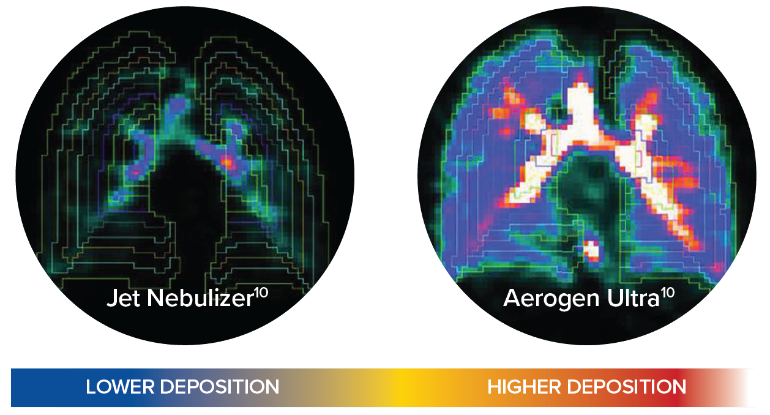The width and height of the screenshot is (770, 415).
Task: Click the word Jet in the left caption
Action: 124,297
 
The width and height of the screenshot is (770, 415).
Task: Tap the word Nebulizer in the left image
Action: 200,297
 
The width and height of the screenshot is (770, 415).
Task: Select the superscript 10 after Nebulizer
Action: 261,293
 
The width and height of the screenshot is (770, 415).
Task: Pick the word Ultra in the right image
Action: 633,297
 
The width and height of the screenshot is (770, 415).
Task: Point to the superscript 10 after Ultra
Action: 667,293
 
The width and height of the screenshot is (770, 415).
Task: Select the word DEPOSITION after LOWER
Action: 220,387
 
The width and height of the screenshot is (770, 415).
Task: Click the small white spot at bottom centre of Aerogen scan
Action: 591,249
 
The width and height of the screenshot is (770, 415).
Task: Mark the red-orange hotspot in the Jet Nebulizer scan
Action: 228,162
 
